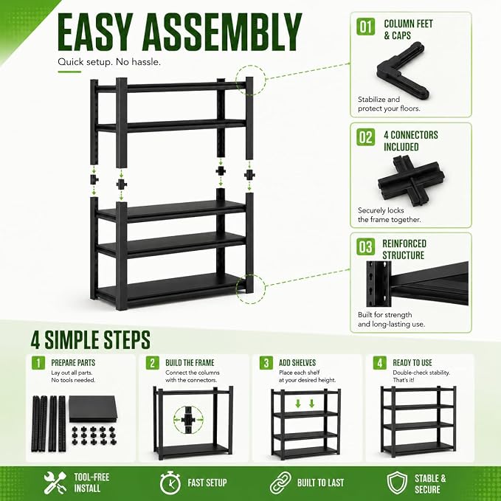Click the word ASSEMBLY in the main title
click(x=222, y=32)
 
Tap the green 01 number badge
click(x=366, y=27)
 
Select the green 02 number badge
click(x=366, y=137)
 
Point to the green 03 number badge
click(x=366, y=247)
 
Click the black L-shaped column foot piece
click(x=403, y=71)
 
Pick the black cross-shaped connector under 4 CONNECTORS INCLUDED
click(x=411, y=181)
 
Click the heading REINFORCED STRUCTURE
click(x=404, y=249)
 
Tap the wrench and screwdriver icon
click(x=55, y=483)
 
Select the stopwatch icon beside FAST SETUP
click(x=170, y=483)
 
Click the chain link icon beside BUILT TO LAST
click(x=280, y=483)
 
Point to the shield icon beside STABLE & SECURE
click(x=397, y=483)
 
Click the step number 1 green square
click(x=38, y=363)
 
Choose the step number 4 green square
click(x=379, y=363)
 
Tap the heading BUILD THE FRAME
click(x=190, y=363)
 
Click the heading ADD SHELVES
click(x=297, y=363)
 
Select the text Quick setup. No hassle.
click(x=109, y=62)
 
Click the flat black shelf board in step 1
click(x=93, y=409)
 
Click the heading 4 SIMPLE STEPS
click(x=91, y=340)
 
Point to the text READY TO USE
click(x=412, y=363)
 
